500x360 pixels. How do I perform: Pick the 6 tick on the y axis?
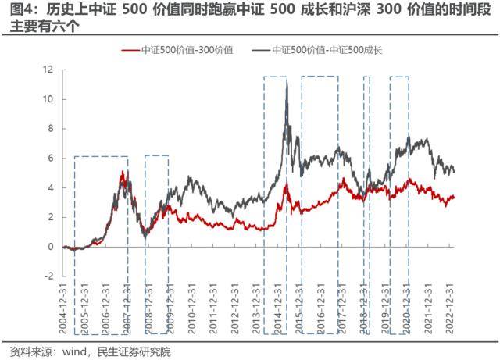[50, 158]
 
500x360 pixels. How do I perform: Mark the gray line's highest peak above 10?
[287, 81]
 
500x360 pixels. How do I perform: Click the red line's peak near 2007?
[122, 172]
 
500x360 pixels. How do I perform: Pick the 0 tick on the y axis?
[50, 246]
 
